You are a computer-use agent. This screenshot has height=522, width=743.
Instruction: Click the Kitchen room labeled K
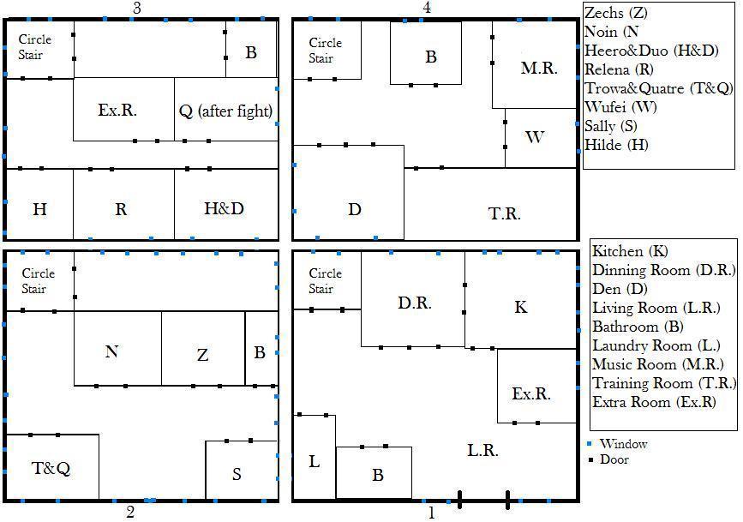pyautogui.click(x=520, y=301)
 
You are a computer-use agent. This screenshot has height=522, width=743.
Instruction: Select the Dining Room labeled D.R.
pyautogui.click(x=413, y=300)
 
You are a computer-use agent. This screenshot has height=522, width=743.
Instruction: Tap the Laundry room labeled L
pyautogui.click(x=315, y=457)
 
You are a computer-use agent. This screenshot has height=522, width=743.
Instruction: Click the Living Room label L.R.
pyautogui.click(x=482, y=449)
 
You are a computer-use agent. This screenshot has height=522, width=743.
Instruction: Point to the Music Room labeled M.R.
pyautogui.click(x=535, y=64)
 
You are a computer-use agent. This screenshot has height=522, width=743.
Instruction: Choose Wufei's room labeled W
pyautogui.click(x=541, y=138)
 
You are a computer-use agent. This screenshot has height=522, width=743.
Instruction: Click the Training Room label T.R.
pyautogui.click(x=504, y=213)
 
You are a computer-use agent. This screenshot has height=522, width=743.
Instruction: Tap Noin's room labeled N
pyautogui.click(x=117, y=349)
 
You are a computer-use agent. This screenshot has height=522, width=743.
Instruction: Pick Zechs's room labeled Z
pyautogui.click(x=203, y=349)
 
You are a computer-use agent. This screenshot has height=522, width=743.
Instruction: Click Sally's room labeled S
pyautogui.click(x=241, y=470)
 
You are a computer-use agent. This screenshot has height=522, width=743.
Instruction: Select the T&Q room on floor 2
pyautogui.click(x=52, y=466)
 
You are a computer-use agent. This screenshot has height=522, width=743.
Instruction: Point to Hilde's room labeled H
pyautogui.click(x=39, y=204)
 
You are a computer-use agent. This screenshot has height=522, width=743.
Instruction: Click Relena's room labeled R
pyautogui.click(x=123, y=204)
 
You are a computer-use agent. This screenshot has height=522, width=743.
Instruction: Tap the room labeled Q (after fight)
pyautogui.click(x=226, y=109)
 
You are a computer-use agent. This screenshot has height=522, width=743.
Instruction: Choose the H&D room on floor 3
pyautogui.click(x=226, y=204)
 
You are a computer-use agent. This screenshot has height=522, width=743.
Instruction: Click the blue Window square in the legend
pyautogui.click(x=590, y=444)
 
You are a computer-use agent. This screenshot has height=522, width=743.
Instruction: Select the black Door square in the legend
pyautogui.click(x=590, y=459)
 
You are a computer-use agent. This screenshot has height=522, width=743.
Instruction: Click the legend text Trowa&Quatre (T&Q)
pyautogui.click(x=659, y=88)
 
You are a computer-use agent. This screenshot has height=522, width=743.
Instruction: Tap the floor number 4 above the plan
pyautogui.click(x=427, y=8)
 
